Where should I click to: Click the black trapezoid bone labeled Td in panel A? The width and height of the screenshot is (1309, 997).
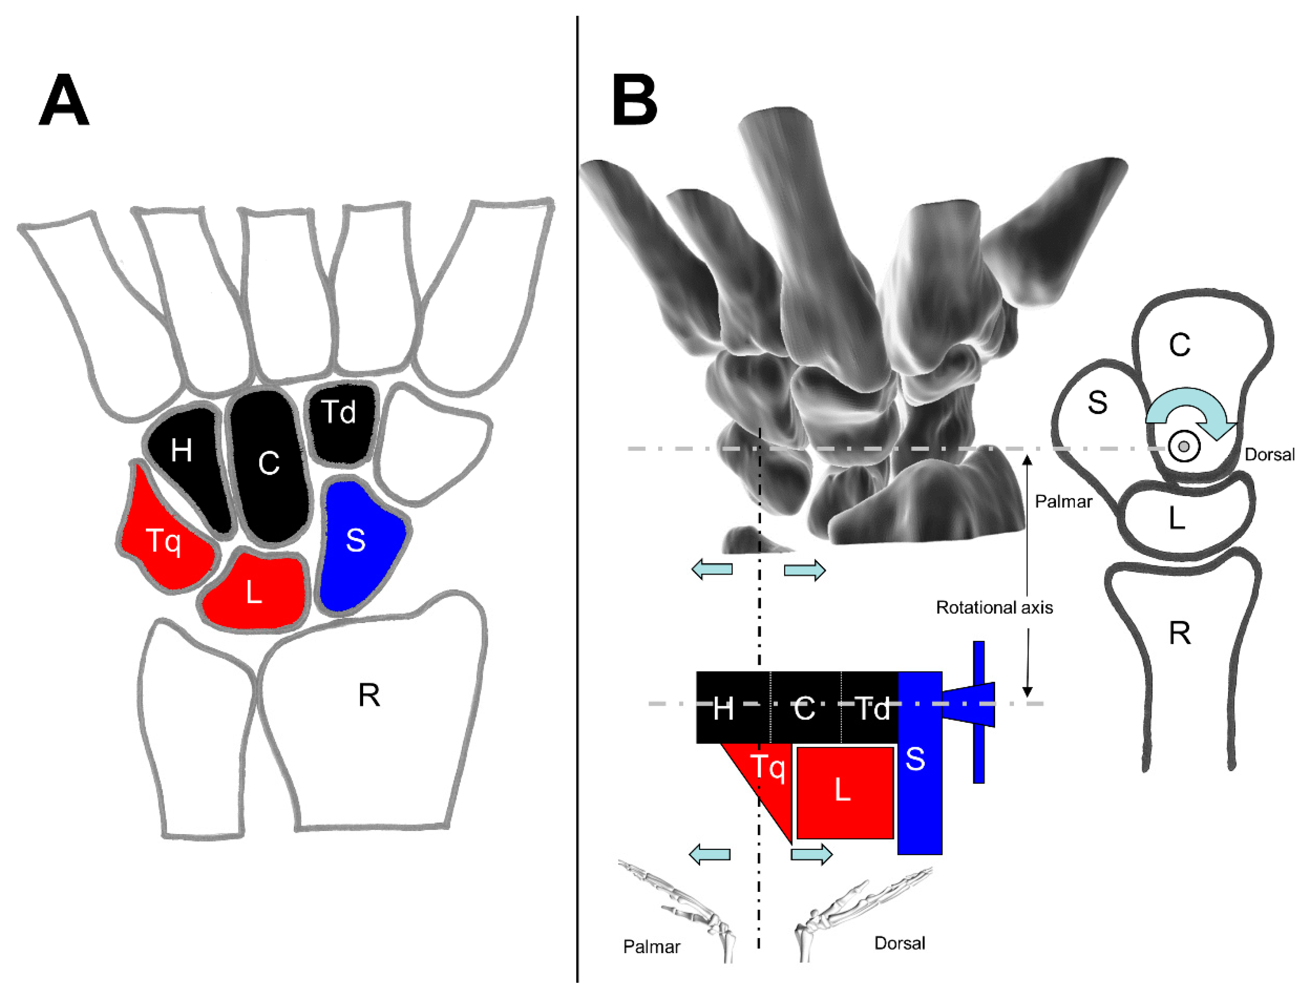pyautogui.click(x=339, y=414)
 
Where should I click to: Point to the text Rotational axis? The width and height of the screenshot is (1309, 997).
pyautogui.click(x=994, y=608)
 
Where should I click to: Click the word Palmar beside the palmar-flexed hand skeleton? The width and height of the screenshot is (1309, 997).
pyautogui.click(x=652, y=947)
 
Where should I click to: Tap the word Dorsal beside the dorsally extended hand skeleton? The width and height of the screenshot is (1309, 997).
pyautogui.click(x=900, y=943)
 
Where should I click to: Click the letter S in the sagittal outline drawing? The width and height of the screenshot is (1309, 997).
pyautogui.click(x=1097, y=403)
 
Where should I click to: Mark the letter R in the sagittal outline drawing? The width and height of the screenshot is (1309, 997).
pyautogui.click(x=1180, y=634)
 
